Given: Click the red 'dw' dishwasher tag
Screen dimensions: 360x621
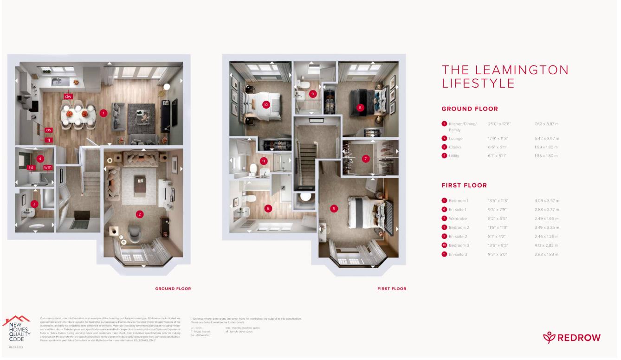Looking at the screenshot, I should click(69, 96).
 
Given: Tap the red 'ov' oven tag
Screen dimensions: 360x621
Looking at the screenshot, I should click(48, 130).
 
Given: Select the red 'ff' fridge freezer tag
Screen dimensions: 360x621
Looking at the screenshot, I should click(48, 140).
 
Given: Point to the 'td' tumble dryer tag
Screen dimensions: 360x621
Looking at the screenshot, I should click(32, 167).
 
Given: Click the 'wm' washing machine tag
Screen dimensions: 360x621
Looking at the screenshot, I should click(47, 167).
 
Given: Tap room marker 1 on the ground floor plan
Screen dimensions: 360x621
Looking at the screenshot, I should click(103, 112).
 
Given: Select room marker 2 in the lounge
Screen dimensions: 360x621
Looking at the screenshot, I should click(139, 214).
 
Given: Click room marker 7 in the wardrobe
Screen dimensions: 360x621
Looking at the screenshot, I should click(366, 159).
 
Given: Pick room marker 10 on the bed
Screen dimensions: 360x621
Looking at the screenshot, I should click(266, 104).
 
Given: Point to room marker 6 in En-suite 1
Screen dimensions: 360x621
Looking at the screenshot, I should click(268, 208).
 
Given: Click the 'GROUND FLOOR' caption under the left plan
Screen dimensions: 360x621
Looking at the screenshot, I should click(173, 289).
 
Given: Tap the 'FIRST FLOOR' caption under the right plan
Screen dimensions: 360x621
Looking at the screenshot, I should click(392, 289).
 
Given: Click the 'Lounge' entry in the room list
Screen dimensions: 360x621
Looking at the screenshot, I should click(455, 139).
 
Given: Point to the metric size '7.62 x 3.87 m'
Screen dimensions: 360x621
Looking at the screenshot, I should click(546, 124).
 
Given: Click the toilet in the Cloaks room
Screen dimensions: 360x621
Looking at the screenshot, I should click(35, 228).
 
